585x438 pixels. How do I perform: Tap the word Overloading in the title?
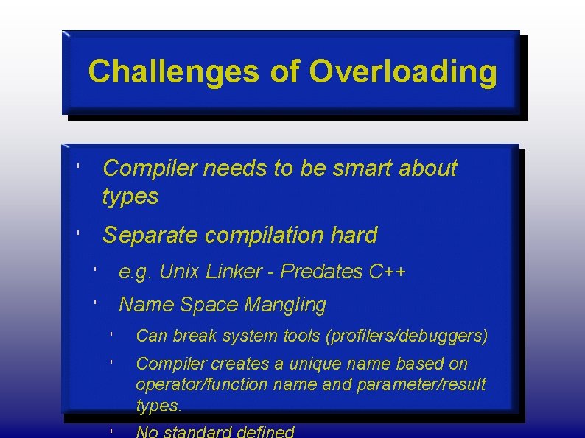[x=403, y=72]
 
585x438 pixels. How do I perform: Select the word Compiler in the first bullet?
[x=150, y=169]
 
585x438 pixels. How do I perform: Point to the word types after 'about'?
[x=130, y=196]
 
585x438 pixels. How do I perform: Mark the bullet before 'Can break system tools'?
[x=109, y=336]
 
